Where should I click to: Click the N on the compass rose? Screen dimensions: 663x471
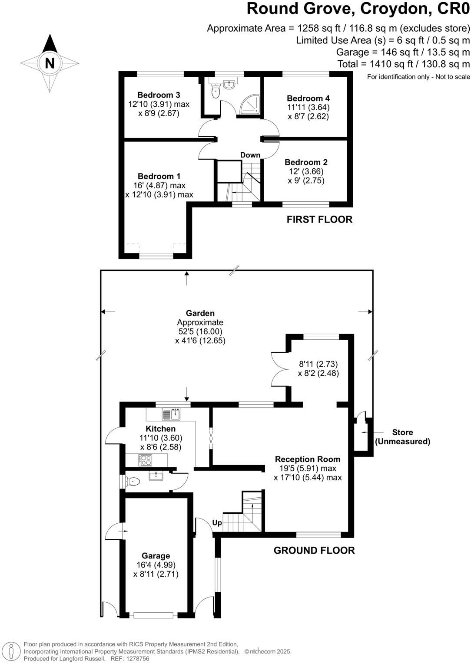click(x=50, y=63)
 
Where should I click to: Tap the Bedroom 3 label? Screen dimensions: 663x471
click(x=159, y=95)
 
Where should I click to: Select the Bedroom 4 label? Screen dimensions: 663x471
click(x=308, y=98)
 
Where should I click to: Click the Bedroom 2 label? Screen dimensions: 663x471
click(x=306, y=162)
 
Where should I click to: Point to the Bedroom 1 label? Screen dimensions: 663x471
click(x=159, y=176)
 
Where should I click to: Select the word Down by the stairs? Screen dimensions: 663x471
click(x=250, y=155)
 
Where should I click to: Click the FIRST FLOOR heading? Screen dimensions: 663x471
click(x=319, y=220)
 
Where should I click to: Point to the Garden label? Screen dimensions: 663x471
click(x=200, y=313)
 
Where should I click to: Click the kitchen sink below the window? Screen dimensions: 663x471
click(x=171, y=414)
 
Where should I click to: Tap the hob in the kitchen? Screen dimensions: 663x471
click(x=145, y=460)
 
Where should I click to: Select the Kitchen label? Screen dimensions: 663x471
click(x=161, y=429)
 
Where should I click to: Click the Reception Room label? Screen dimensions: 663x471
click(x=308, y=459)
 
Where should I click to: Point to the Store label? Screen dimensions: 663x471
click(x=402, y=432)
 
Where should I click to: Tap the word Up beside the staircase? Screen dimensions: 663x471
click(x=217, y=523)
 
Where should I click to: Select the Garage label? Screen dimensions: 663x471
click(x=156, y=556)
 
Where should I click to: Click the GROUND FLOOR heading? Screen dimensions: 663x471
click(x=314, y=551)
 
